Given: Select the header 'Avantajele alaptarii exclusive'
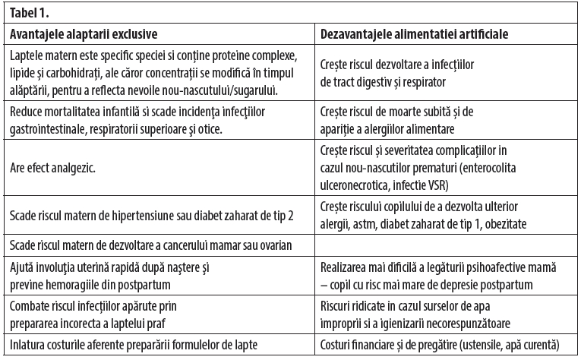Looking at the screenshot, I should pyautogui.click(x=88, y=34).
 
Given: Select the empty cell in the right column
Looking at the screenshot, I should pyautogui.click(x=446, y=245).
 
